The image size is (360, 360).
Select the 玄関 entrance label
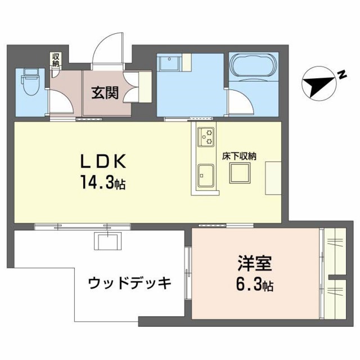coord(105,91)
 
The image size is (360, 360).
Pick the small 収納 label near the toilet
coord(56,59)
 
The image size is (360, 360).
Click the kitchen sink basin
coord(205,175)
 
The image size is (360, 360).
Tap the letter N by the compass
coord(341,74)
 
